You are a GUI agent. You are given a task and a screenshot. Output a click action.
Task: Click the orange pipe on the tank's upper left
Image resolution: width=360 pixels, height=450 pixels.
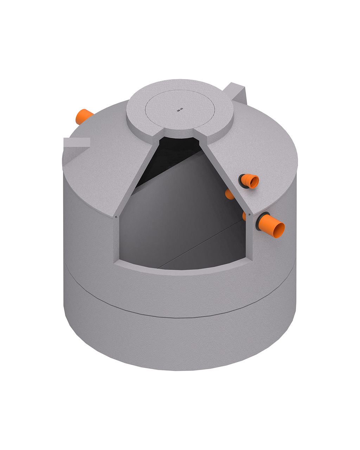(83, 116)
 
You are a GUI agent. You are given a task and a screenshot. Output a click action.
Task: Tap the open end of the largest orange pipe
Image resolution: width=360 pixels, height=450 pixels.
(279, 231)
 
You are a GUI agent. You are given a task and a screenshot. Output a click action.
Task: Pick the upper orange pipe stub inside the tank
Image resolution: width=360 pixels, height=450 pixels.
(230, 194)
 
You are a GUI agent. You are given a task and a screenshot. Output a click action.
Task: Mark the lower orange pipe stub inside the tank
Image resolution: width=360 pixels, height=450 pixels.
(244, 216)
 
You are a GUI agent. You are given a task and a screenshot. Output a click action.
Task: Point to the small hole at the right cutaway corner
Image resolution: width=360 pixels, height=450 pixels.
(249, 214)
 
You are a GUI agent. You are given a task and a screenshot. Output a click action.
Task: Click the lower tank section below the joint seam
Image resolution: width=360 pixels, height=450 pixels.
(176, 341)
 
